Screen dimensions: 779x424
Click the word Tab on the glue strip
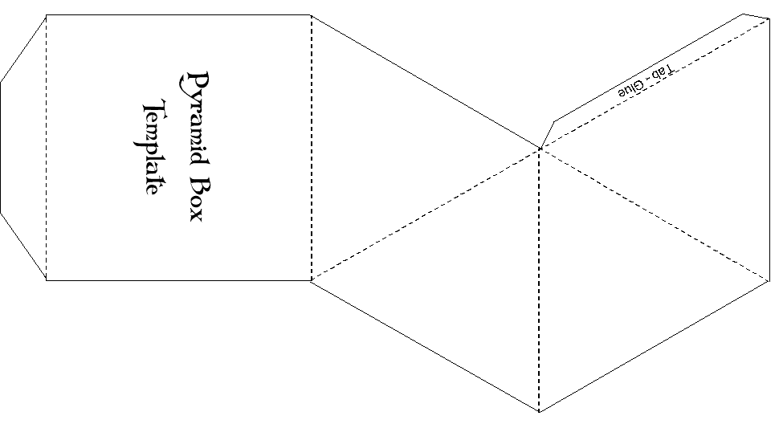(x=663, y=71)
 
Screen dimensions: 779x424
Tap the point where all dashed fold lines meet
(x=540, y=148)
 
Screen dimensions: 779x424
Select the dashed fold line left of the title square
(x=46, y=147)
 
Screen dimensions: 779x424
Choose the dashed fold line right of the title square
(x=311, y=147)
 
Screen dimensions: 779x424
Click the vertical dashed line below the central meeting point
(x=540, y=281)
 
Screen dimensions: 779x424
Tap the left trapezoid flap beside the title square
(x=22, y=147)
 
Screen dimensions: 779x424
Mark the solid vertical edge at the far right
(x=770, y=153)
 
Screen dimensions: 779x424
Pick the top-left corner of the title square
(x=46, y=14)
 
